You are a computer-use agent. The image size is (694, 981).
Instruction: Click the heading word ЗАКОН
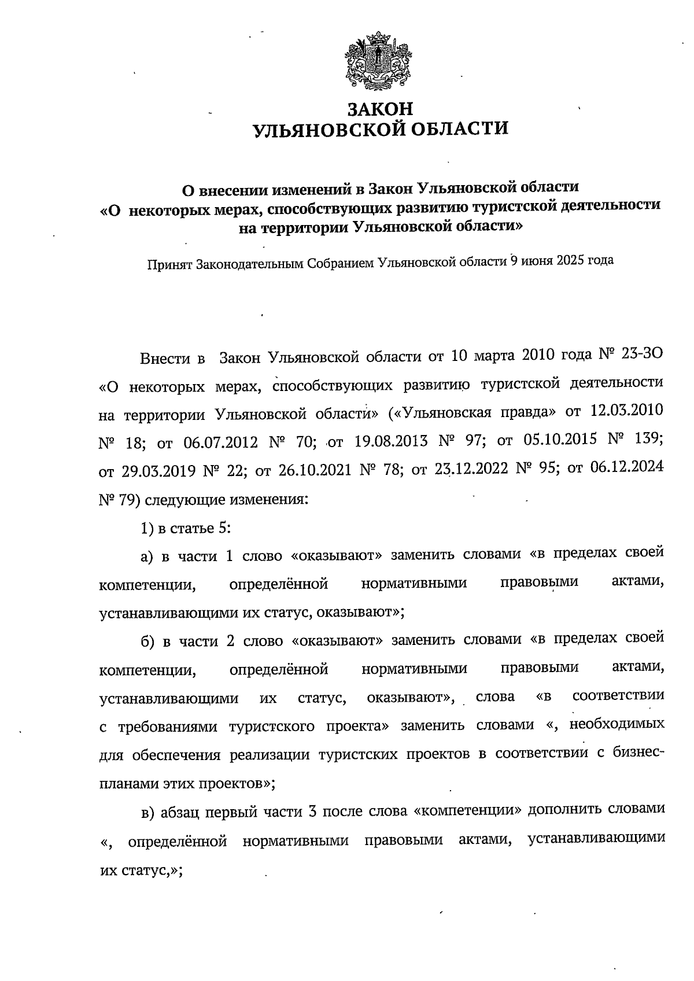(381, 108)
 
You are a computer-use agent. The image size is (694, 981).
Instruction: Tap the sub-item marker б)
(148, 641)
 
